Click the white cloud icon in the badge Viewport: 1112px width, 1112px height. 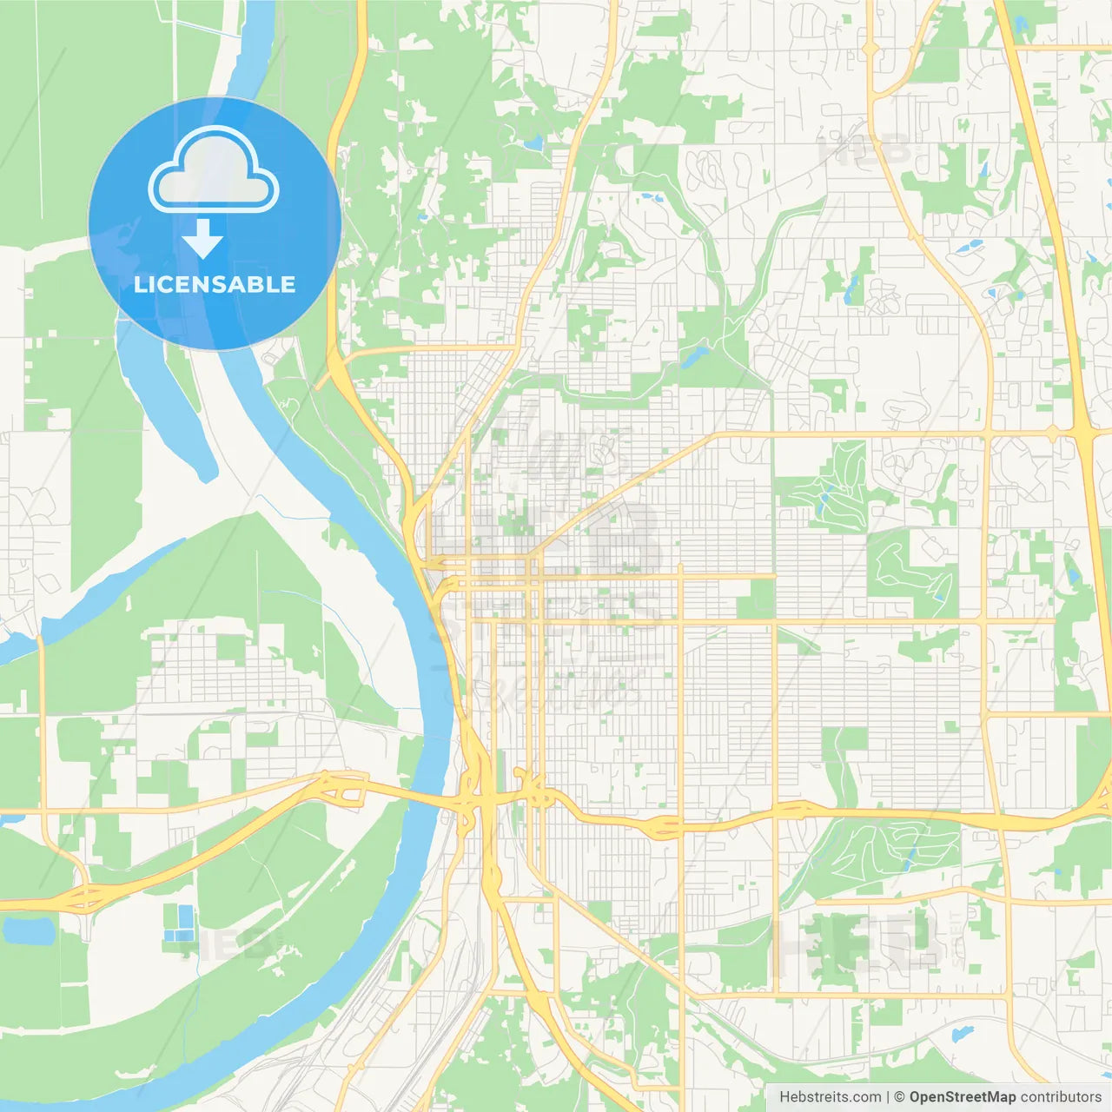pyautogui.click(x=214, y=170)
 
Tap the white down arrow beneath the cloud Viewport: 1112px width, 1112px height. pyautogui.click(x=202, y=238)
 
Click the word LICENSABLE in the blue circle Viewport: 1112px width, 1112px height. pyautogui.click(x=215, y=284)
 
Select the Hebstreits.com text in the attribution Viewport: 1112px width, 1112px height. pyautogui.click(x=831, y=1097)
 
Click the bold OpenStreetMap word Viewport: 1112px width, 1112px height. pyautogui.click(x=962, y=1097)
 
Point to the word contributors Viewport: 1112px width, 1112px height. pyautogui.click(x=1061, y=1097)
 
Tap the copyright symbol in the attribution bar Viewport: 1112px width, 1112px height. pyautogui.click(x=900, y=1097)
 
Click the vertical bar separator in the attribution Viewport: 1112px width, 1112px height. pyautogui.click(x=888, y=1097)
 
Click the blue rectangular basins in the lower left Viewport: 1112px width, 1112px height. pyautogui.click(x=180, y=923)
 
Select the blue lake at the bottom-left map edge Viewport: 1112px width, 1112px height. pyautogui.click(x=28, y=930)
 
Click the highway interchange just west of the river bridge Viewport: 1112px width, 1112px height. pyautogui.click(x=341, y=788)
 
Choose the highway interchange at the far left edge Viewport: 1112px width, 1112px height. pyautogui.click(x=85, y=897)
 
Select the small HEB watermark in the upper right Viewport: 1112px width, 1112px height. pyautogui.click(x=864, y=149)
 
